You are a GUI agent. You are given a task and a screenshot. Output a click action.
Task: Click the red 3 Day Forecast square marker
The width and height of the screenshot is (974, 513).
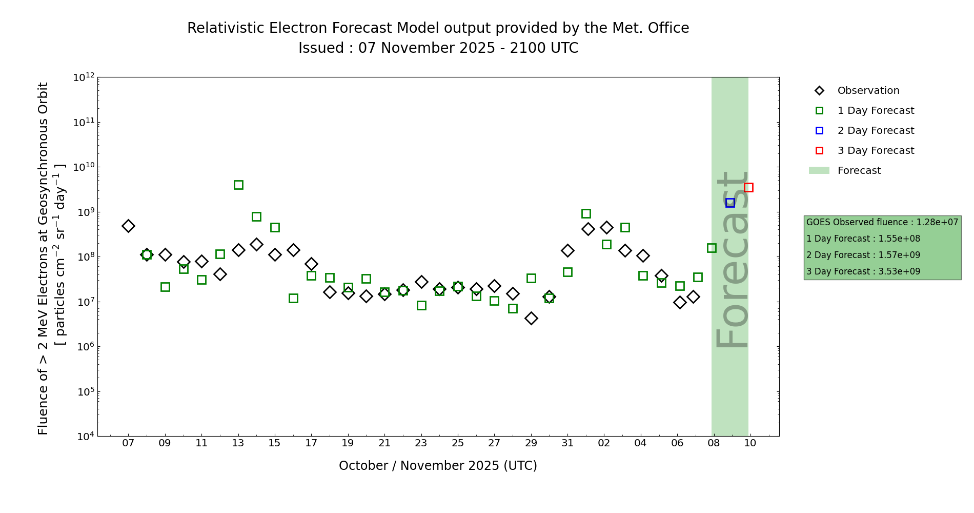click(x=748, y=187)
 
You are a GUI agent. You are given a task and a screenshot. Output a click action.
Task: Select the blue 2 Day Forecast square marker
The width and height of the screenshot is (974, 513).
click(x=730, y=203)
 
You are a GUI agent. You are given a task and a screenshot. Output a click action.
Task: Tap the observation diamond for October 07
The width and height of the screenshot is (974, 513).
click(x=128, y=226)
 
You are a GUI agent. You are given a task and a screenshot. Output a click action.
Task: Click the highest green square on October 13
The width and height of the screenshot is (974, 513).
click(x=238, y=185)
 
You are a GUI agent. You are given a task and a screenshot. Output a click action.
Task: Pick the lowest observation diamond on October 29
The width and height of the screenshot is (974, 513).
click(x=531, y=318)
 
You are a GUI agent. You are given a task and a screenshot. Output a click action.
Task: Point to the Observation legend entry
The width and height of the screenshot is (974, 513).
click(x=868, y=91)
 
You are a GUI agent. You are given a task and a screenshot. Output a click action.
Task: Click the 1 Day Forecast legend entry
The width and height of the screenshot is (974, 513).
click(x=876, y=111)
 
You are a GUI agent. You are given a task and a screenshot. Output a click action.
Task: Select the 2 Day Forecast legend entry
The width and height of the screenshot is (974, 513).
click(x=876, y=131)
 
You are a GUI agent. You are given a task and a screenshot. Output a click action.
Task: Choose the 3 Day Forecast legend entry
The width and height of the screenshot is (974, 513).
click(x=876, y=151)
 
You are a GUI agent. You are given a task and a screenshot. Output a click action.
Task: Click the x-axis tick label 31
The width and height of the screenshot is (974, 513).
click(x=567, y=443)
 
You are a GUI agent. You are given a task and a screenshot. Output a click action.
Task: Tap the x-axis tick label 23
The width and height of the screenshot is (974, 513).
click(x=421, y=443)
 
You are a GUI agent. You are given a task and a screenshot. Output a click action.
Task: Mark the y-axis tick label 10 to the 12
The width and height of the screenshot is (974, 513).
click(x=84, y=77)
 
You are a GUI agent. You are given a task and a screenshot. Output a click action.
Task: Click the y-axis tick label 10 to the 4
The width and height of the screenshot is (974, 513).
click(x=84, y=437)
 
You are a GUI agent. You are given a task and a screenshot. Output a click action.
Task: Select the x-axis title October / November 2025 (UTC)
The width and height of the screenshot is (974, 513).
click(x=438, y=466)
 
